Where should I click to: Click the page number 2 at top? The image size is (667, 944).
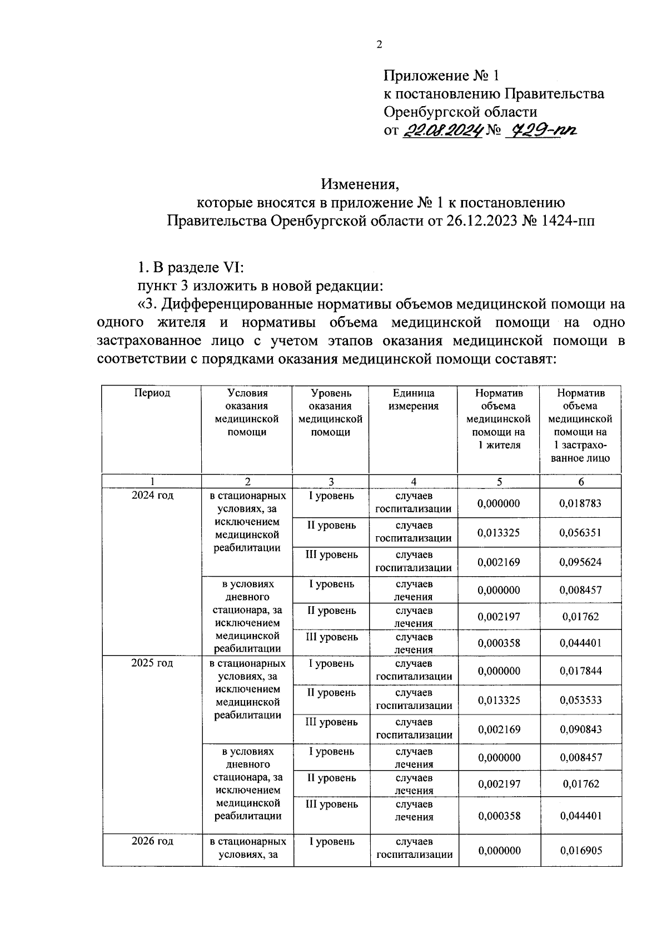pyautogui.click(x=379, y=45)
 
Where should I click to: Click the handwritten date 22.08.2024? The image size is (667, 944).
pyautogui.click(x=442, y=131)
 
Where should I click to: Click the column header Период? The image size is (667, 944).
pyautogui.click(x=152, y=393)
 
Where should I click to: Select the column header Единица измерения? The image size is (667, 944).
pyautogui.click(x=413, y=399)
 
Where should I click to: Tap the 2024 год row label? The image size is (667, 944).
pyautogui.click(x=152, y=496)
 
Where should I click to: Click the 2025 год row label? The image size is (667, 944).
pyautogui.click(x=152, y=663)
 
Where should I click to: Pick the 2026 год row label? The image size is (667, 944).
pyautogui.click(x=152, y=841)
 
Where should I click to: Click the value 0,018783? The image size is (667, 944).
pyautogui.click(x=580, y=503)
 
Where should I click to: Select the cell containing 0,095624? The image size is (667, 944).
pyautogui.click(x=580, y=562)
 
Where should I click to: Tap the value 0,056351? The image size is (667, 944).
pyautogui.click(x=580, y=533)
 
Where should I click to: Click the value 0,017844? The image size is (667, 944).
pyautogui.click(x=580, y=671)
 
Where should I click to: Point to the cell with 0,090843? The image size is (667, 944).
pyautogui.click(x=580, y=729)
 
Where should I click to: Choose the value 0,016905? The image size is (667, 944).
pyautogui.click(x=581, y=850)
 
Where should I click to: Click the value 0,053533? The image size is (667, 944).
pyautogui.click(x=580, y=700)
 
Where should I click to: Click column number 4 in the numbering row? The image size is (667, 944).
pyautogui.click(x=413, y=482)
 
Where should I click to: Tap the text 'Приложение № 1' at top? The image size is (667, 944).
pyautogui.click(x=442, y=76)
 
